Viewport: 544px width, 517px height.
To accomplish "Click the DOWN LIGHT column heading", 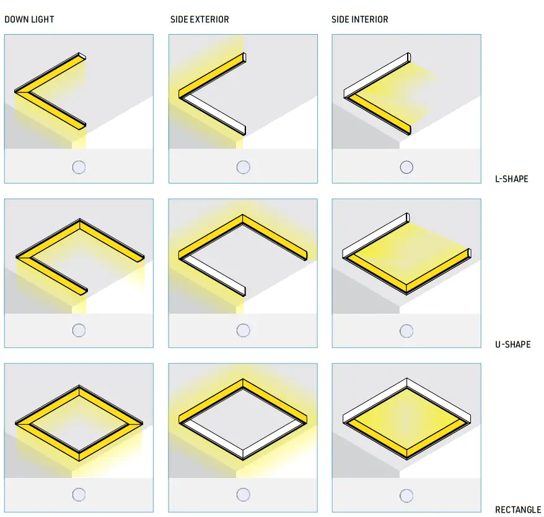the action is [29, 19].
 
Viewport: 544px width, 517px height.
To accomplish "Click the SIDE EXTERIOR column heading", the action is [200, 19].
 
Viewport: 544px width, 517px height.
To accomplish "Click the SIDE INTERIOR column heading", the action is [360, 19].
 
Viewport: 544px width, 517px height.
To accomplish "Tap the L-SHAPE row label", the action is [511, 179].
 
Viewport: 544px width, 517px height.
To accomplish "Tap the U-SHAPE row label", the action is [513, 344].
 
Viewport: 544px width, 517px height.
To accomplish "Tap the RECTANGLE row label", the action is [518, 510].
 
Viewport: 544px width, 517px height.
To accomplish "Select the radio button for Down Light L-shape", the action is [79, 167].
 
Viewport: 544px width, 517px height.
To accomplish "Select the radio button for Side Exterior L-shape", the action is [243, 167].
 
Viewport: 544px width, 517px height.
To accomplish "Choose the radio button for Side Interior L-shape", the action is [406, 167].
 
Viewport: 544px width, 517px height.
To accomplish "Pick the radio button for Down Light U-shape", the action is [79, 330].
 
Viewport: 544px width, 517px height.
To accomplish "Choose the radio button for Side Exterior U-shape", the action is [243, 330].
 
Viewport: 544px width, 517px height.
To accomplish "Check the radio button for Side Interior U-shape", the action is [406, 331].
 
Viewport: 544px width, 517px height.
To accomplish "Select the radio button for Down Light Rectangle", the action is [79, 495].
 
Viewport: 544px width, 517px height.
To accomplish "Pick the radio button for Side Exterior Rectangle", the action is [243, 495].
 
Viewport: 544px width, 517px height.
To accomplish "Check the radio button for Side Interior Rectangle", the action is [406, 495].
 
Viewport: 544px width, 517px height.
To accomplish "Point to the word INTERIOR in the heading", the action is [370, 19].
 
